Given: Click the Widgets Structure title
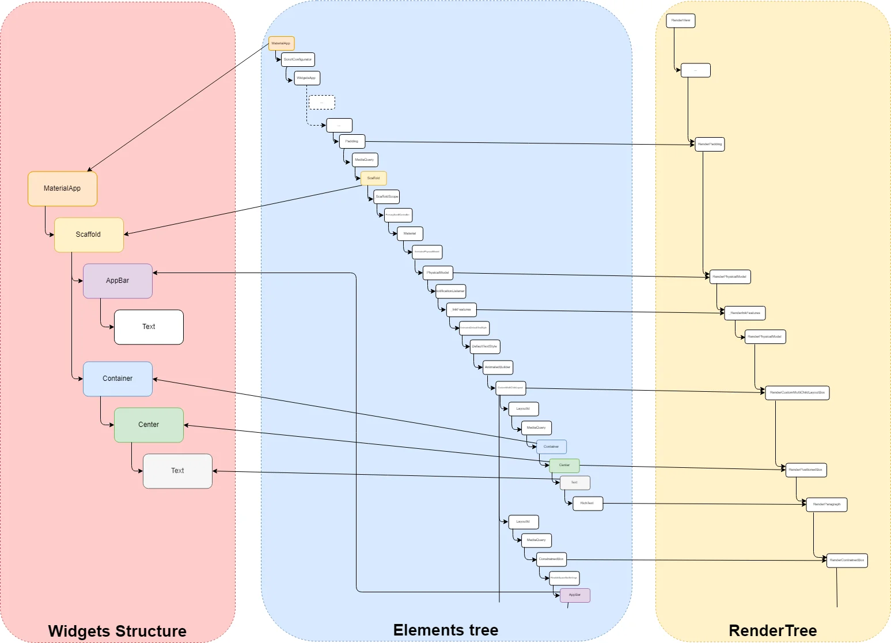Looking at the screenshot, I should click(117, 631).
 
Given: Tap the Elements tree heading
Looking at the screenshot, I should click(446, 630).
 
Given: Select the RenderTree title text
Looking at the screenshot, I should click(772, 630).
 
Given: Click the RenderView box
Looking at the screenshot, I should click(681, 21).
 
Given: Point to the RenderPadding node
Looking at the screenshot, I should click(710, 144).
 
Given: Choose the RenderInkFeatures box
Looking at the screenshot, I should click(745, 313).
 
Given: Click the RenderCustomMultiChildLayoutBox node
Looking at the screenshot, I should click(797, 393).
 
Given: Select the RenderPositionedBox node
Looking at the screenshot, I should click(806, 470).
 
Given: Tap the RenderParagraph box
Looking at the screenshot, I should click(826, 505).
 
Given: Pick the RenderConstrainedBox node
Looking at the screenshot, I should click(847, 560).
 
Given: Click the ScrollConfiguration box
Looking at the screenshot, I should click(298, 59).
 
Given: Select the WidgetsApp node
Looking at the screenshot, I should click(306, 78).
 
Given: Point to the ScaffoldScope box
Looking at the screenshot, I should click(386, 196).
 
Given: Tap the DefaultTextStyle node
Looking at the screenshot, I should click(484, 346).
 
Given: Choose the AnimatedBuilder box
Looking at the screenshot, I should click(497, 367).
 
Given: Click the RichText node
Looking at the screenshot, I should click(587, 503).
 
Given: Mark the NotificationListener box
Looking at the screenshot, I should click(450, 291).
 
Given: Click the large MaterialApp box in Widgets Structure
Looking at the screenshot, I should click(62, 188).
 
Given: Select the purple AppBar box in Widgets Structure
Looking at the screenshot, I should click(117, 281).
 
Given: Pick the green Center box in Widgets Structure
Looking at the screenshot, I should click(149, 425).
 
